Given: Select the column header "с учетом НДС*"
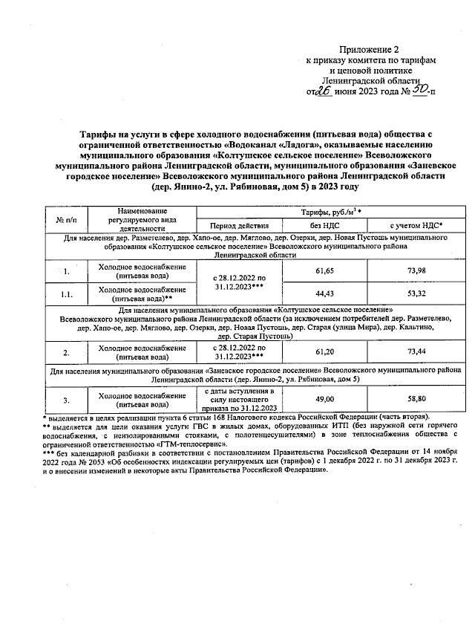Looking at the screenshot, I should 416,224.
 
